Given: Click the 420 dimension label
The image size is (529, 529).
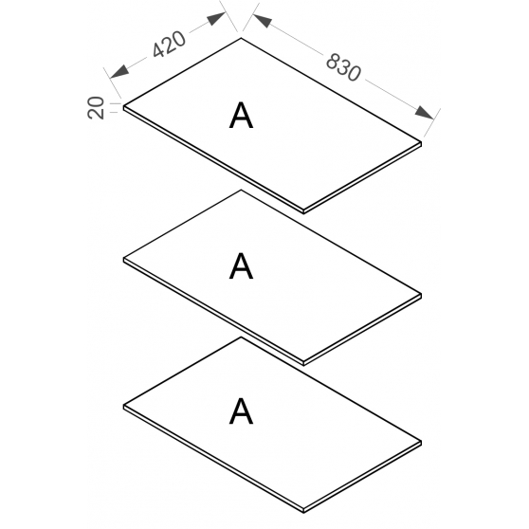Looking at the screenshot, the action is [169, 44].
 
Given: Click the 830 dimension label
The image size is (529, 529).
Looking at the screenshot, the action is [343, 67].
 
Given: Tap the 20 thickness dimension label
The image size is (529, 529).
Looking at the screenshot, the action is [96, 108].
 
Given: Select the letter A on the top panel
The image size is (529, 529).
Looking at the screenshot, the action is [241, 116].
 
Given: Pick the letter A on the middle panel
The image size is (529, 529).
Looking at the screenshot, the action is [241, 265].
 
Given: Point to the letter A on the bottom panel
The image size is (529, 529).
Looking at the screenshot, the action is [241, 410].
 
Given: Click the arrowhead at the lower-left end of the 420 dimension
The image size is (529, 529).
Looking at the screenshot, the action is [119, 71].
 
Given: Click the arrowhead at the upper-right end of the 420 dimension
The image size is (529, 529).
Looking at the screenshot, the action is [216, 19].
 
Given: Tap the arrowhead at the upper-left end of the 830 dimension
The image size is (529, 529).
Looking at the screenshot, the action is [263, 20].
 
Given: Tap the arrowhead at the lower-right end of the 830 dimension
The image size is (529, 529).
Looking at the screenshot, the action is [424, 113].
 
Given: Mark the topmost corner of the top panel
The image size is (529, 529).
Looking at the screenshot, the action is [241, 38].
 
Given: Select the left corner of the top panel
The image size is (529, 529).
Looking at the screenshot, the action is [123, 106].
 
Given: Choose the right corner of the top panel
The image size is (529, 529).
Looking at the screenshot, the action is [421, 142].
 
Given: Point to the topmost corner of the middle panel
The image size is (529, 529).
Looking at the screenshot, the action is [241, 190].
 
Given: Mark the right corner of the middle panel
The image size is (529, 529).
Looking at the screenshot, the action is [421, 294].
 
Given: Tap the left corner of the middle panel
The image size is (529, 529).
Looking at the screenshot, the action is [123, 259].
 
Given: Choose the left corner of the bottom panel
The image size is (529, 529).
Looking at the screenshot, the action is [123, 405].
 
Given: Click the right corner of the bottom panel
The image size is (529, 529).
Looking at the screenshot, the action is [421, 441].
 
